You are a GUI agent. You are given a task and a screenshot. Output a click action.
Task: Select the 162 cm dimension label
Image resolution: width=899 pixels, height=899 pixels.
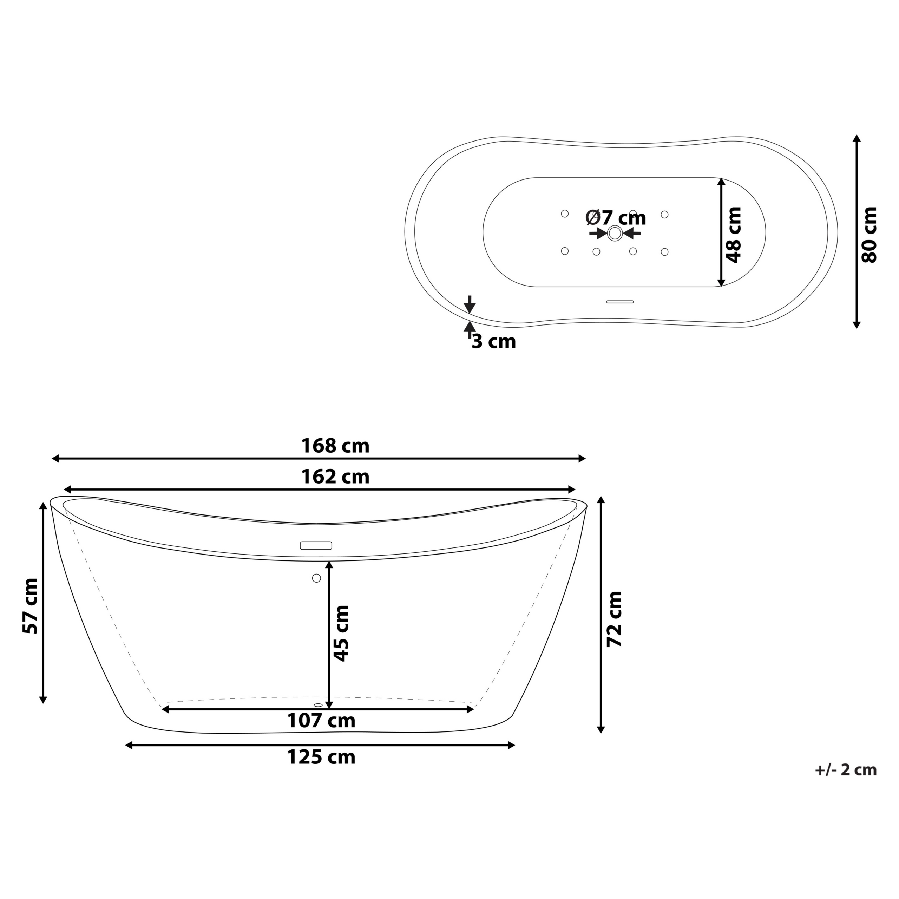[x=335, y=477]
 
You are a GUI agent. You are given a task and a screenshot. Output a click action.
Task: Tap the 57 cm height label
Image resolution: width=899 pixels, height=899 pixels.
[x=31, y=606]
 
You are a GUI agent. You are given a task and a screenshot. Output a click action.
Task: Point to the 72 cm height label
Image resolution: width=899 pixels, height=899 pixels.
[x=615, y=619]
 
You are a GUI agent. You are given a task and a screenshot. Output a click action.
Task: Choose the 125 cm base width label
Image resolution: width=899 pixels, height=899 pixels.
[x=321, y=757]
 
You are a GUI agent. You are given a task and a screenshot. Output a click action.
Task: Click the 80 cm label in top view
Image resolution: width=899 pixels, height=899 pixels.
[x=869, y=235]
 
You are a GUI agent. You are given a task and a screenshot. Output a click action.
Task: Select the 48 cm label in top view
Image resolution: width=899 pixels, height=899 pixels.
[x=734, y=235]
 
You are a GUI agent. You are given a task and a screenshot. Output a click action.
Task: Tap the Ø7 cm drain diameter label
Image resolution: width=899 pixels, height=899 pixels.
[x=616, y=217]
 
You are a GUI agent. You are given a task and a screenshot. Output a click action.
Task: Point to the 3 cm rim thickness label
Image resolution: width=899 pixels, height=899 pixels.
[x=494, y=342]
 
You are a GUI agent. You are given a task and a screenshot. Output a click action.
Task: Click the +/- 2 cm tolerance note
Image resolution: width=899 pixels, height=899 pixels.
[x=846, y=770]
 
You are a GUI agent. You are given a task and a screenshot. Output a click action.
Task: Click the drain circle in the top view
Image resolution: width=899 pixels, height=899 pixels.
[x=615, y=233]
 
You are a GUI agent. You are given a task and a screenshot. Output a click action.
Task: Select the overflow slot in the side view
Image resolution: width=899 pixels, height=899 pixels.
[x=316, y=545]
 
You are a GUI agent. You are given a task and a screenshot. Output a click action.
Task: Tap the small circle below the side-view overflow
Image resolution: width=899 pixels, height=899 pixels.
[x=316, y=578]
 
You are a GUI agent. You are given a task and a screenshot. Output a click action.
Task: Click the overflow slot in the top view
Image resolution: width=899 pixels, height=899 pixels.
[x=620, y=302]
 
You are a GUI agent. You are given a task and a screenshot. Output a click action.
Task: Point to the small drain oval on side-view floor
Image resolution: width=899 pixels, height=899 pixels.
[x=318, y=705]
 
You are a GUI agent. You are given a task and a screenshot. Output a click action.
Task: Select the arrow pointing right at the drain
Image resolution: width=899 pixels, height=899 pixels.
[x=598, y=233]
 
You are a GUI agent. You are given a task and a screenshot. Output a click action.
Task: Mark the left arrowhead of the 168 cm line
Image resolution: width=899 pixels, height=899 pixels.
[x=55, y=459]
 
